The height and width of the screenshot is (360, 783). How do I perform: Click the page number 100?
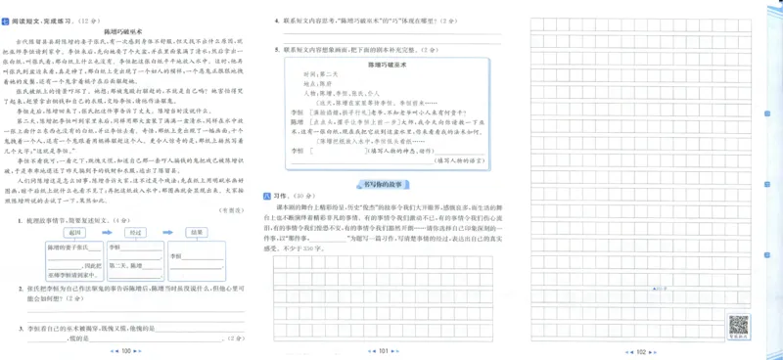coord(124,349)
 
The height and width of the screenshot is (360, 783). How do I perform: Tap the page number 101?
coord(384,349)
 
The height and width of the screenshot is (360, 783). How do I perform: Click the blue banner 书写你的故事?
coord(384,183)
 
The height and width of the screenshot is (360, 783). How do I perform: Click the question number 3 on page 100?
coord(20,328)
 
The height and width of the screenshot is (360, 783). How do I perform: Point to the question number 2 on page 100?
coord(20,290)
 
